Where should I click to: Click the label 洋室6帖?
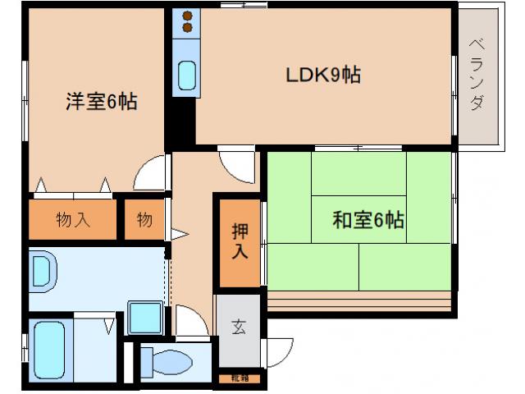tap(101, 103)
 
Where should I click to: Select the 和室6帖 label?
tap(367, 220)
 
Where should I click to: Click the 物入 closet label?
tap(73, 220)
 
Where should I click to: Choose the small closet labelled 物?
tap(144, 220)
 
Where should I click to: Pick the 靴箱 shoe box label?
tap(238, 378)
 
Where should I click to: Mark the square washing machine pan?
tap(144, 317)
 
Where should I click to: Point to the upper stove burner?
tap(186, 16)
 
